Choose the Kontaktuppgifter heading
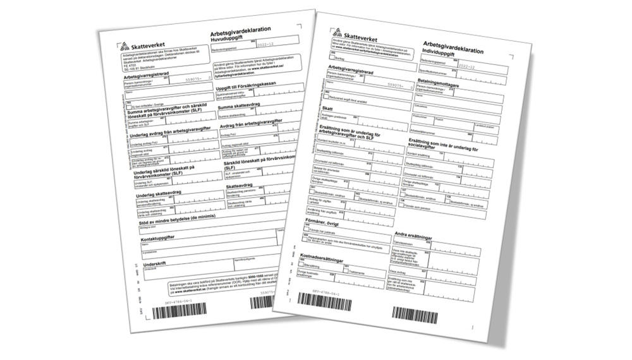tap(165, 238)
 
